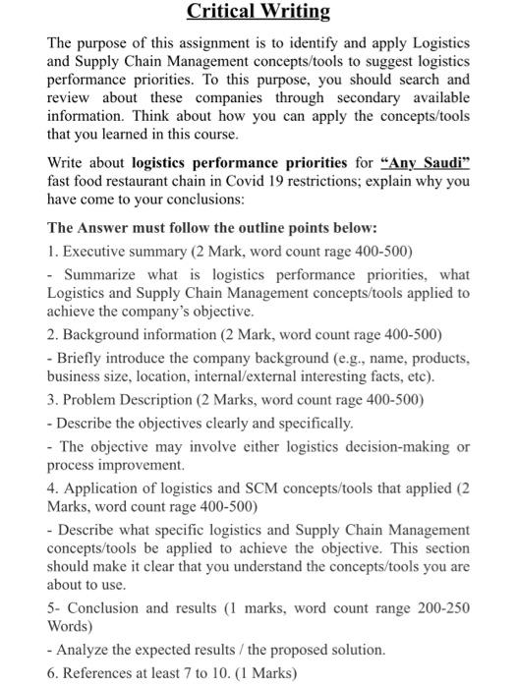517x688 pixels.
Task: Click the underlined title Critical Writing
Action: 258,13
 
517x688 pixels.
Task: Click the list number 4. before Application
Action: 53,488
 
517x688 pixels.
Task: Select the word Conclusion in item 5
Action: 102,607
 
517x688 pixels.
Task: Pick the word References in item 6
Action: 101,673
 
